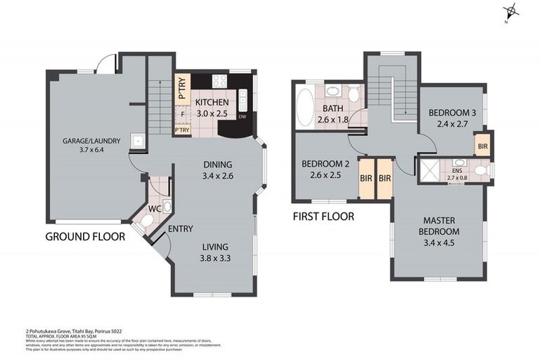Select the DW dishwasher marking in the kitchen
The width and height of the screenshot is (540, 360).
[x=242, y=117]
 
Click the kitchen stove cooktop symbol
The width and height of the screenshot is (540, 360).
[x=219, y=81]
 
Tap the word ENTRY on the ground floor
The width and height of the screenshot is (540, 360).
[x=181, y=229]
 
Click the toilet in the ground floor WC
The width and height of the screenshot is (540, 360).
[x=148, y=221]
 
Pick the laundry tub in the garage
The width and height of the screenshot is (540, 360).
[x=139, y=141]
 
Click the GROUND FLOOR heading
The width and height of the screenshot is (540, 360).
[x=85, y=237]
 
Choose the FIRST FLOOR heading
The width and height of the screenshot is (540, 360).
[x=323, y=217]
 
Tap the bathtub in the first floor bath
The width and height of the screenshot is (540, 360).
[x=305, y=108]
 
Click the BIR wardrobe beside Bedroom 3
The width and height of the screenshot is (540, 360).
[x=482, y=146]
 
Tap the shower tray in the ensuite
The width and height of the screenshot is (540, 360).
[x=429, y=171]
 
